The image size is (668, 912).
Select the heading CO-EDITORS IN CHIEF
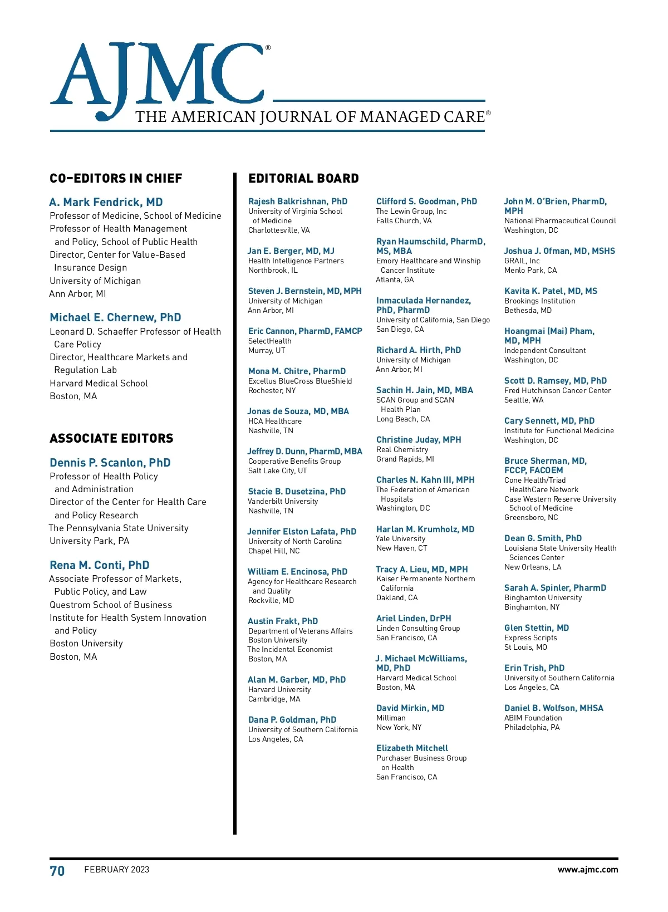[x=116, y=179]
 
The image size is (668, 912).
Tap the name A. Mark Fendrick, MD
[x=106, y=202]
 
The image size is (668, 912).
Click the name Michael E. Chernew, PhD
[x=115, y=317]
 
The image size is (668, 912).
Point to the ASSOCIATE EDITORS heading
[x=111, y=439]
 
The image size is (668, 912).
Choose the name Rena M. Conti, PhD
[x=100, y=565]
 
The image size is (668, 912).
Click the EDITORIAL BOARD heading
[x=303, y=179]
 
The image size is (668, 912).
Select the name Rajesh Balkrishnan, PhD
[x=298, y=202]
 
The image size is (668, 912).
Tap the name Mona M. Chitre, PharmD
[x=297, y=371]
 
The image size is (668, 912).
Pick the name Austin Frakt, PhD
[x=283, y=621]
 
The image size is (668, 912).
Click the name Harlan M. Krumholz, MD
[x=425, y=529]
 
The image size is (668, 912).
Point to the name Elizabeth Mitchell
[x=412, y=748]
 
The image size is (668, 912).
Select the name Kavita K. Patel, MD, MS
[x=551, y=291]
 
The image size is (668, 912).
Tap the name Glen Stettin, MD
[x=537, y=628]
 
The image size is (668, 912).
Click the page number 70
[x=57, y=871]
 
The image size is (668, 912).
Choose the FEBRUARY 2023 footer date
[x=117, y=870]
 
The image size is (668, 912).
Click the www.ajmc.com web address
[x=587, y=870]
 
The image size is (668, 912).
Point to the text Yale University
[x=401, y=539]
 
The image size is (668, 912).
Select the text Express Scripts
[x=531, y=638]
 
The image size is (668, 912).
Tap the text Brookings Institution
[x=540, y=301]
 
